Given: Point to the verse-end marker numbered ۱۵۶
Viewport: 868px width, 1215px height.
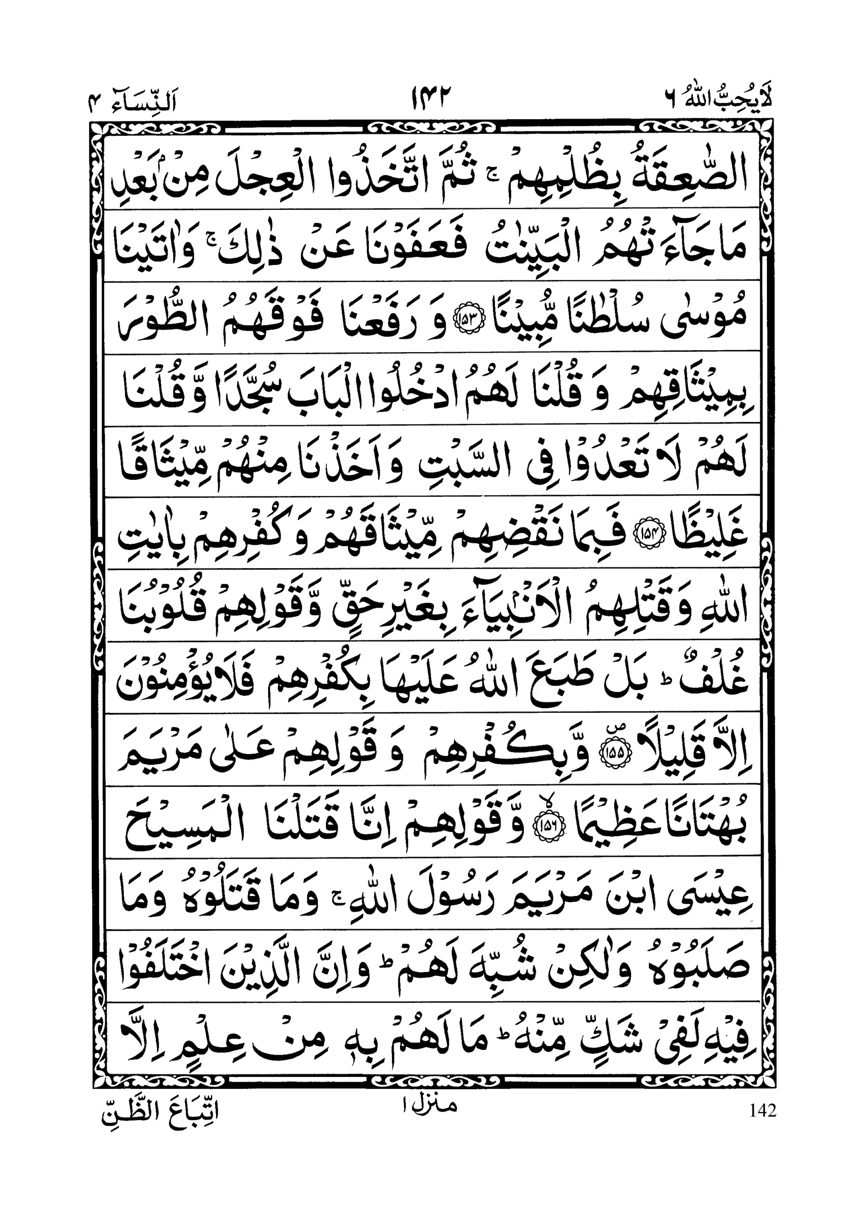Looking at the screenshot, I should pyautogui.click(x=544, y=827).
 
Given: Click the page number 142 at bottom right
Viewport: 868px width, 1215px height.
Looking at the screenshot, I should pyautogui.click(x=762, y=1112).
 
